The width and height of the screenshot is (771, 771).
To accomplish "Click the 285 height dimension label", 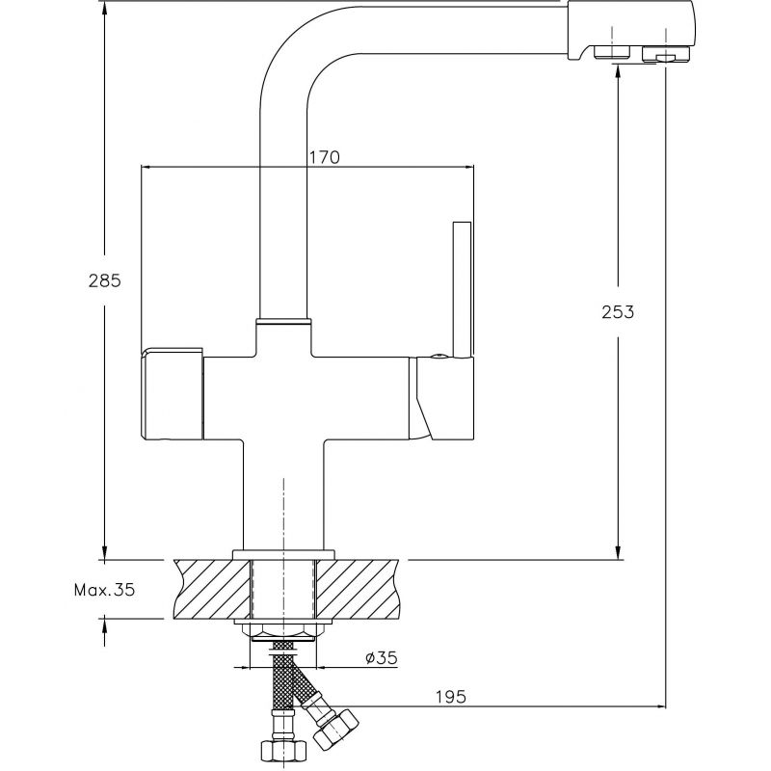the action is [x=104, y=280].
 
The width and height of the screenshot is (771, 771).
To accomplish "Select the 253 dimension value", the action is [x=618, y=312].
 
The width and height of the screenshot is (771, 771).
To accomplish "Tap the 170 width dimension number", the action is [x=324, y=157].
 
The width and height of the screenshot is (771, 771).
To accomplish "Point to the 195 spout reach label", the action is [x=450, y=697].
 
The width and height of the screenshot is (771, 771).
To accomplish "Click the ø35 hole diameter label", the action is [x=381, y=657].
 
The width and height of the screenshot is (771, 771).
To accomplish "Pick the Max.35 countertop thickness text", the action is [x=104, y=590].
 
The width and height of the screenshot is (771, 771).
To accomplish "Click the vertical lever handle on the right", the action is [x=463, y=290].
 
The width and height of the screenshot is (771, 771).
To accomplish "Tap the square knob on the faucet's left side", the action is [x=173, y=393].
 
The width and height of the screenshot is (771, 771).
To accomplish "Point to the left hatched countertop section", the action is [x=212, y=589].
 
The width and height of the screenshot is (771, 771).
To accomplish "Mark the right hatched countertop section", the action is [x=358, y=589].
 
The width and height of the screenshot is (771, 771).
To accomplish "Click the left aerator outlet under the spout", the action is [x=612, y=51].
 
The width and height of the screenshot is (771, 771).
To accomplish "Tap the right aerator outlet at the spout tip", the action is [x=666, y=54].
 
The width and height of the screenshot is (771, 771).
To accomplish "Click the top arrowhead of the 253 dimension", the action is [x=618, y=70].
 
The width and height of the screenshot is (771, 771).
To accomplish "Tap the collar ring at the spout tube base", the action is [x=283, y=322].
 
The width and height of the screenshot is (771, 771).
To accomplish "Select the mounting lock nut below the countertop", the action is [x=283, y=632].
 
